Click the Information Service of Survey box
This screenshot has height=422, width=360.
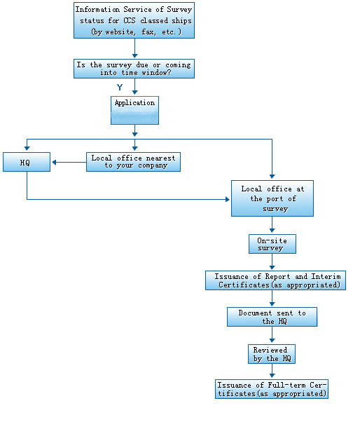(x=134, y=20)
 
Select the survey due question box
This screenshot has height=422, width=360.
(x=134, y=69)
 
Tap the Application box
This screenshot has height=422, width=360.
(x=134, y=110)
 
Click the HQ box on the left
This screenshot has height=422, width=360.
(x=27, y=162)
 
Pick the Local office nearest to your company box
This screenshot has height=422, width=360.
(x=133, y=162)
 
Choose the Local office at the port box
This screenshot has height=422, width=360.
(x=272, y=198)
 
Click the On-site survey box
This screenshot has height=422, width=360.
(x=272, y=244)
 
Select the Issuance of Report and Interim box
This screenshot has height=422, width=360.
(x=275, y=280)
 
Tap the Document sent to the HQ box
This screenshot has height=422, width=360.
(x=272, y=317)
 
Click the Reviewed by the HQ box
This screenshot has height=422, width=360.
(x=272, y=354)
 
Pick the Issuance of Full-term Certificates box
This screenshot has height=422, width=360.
(x=272, y=389)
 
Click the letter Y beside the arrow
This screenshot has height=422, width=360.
(x=120, y=87)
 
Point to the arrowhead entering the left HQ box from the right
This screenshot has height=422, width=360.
(x=54, y=163)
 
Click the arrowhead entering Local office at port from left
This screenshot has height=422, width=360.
(x=228, y=199)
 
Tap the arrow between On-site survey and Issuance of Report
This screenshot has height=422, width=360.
(x=272, y=261)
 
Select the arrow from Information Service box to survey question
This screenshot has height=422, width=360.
(x=134, y=48)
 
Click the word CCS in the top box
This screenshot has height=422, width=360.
(x=130, y=21)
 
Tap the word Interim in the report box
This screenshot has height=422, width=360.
(x=326, y=276)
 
